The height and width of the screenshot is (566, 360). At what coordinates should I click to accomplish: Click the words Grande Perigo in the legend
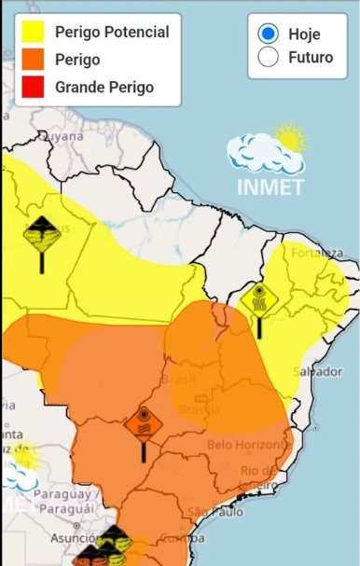point(104,88)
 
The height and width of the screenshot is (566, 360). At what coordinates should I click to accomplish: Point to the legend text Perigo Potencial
point(112,33)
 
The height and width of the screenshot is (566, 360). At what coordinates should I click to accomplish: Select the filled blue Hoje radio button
point(268,34)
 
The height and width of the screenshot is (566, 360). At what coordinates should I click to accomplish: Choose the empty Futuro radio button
point(268,57)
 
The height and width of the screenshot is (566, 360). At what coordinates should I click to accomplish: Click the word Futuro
point(311,57)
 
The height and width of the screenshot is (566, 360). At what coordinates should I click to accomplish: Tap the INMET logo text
point(270,186)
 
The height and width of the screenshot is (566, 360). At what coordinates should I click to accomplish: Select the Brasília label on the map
point(199,409)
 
